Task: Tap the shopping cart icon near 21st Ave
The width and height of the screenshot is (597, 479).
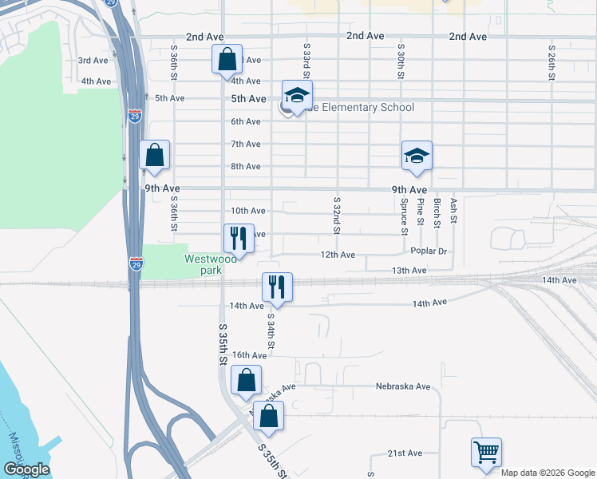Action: pos(486,452)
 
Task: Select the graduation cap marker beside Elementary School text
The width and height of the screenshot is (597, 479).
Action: pos(297,96)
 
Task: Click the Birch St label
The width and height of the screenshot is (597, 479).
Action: pos(437,213)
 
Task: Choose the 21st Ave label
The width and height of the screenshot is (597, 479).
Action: pos(405,453)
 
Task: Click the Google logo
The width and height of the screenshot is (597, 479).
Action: pos(26,469)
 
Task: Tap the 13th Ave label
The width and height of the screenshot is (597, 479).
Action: pos(409,271)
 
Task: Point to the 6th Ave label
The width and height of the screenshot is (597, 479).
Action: pos(246,121)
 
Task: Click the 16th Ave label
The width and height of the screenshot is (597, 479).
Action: pos(248,354)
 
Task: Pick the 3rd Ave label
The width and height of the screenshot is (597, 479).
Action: pos(93,60)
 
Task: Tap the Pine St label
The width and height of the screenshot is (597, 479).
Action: pos(421,214)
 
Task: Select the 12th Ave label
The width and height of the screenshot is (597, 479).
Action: pos(338,255)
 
